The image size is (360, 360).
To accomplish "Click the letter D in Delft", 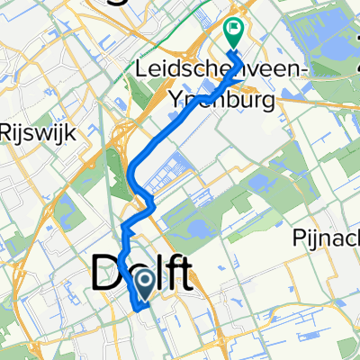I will coord(106,272).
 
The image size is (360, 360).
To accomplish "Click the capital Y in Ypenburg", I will coord(175,98).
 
